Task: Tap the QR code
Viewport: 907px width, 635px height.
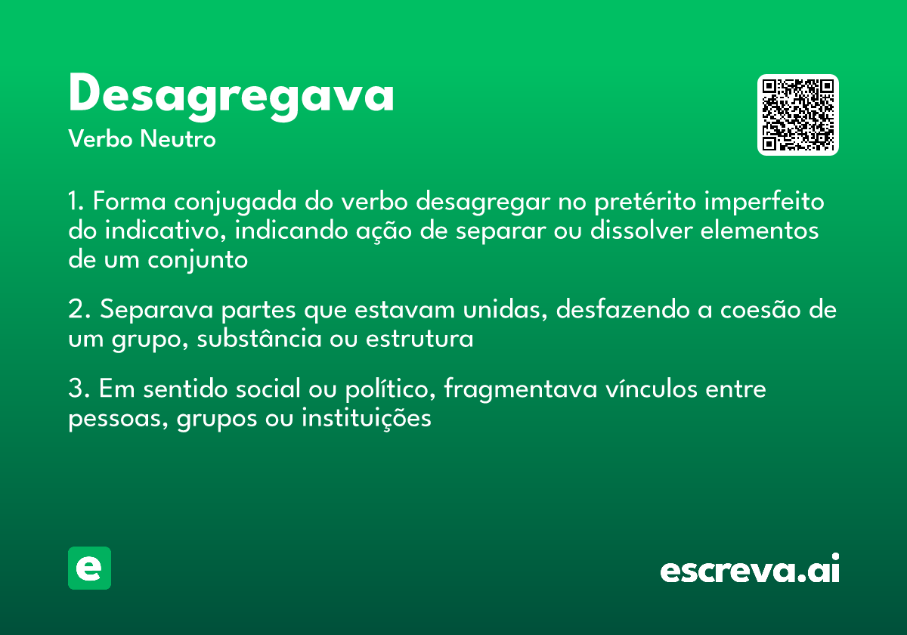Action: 798,115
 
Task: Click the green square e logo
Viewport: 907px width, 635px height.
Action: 89,568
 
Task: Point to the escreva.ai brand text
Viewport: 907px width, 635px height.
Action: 750,570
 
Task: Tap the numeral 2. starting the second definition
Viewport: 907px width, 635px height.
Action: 79,311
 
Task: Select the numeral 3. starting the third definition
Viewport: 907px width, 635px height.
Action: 79,390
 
